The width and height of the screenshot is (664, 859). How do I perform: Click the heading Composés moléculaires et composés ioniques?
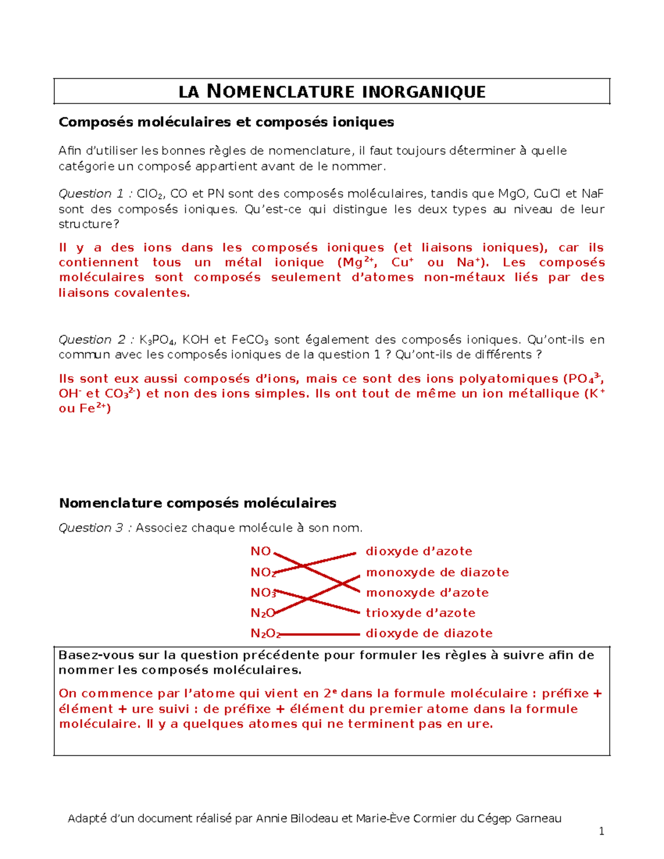[226, 122]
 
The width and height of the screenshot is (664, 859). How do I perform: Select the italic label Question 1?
[92, 194]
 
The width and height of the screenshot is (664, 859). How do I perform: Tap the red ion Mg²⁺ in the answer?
[359, 263]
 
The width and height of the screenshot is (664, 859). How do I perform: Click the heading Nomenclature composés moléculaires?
[198, 503]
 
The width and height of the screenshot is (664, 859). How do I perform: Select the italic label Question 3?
[92, 528]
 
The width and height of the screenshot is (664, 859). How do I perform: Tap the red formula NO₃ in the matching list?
[263, 593]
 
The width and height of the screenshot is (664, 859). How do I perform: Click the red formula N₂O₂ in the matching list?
[265, 633]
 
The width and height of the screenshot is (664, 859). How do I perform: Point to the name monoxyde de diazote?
[437, 572]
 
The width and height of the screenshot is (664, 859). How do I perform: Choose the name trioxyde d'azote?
[421, 613]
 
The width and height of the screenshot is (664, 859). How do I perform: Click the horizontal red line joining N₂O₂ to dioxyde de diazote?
[321, 634]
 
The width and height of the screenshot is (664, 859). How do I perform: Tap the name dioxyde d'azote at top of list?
[419, 551]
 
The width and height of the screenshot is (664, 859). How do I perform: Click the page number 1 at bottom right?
[601, 831]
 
